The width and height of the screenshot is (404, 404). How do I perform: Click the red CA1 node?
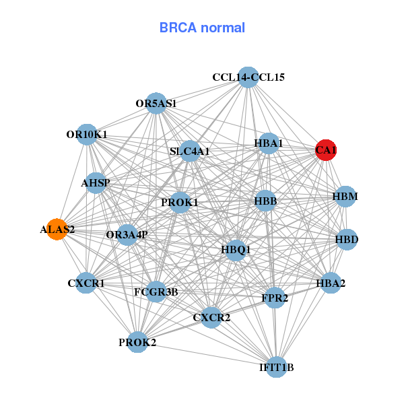pos(326,150)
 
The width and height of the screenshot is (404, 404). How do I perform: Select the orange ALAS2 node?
pos(57,229)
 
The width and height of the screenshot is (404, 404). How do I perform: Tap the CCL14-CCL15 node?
pos(248,77)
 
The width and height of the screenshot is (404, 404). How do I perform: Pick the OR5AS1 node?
pos(156,103)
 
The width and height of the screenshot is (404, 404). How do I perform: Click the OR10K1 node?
pos(87,134)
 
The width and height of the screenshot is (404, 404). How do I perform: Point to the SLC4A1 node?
pos(190,151)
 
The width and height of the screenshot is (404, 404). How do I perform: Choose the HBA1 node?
pos(269,143)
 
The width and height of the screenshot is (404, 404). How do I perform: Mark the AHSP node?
pos(96,182)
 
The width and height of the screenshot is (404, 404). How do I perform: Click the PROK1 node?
pos(180,202)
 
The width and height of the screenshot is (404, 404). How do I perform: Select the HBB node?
pos(266,200)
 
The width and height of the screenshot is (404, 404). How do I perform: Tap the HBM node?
pos(345,197)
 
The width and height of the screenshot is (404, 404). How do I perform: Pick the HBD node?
pos(347,239)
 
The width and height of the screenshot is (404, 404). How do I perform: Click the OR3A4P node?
pos(127,234)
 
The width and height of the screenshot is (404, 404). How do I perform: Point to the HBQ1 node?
pos(236,249)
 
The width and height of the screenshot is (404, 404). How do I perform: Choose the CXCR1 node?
pos(86,283)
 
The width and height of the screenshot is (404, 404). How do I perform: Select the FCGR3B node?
pos(156,292)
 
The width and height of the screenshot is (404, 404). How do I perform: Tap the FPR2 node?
pos(275,298)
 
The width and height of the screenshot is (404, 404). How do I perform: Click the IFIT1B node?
pos(277,367)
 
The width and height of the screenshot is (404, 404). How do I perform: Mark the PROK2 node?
pos(137,342)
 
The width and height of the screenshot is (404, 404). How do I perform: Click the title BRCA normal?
pos(202,28)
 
